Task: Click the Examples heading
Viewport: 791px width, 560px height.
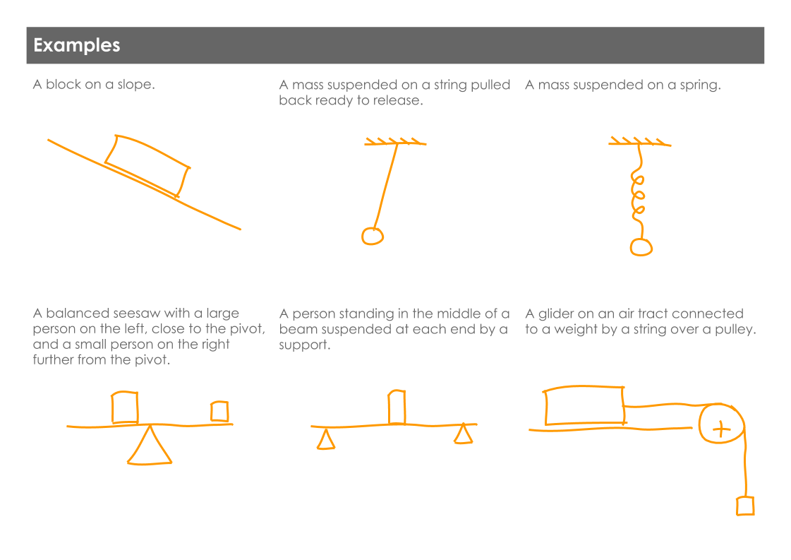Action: tap(77, 45)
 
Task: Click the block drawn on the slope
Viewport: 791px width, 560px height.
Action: tap(147, 165)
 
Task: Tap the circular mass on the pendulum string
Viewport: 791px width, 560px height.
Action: tap(373, 236)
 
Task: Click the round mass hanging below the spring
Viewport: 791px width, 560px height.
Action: tap(641, 247)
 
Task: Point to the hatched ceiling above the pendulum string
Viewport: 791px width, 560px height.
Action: tap(395, 142)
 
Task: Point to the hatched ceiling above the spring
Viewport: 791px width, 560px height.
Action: tap(639, 142)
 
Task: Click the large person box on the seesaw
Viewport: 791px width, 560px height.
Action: tap(125, 407)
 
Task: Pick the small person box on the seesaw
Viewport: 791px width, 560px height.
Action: tap(219, 411)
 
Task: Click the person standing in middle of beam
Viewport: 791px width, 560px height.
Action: tap(397, 407)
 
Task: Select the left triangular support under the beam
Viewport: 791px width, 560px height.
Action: tap(325, 439)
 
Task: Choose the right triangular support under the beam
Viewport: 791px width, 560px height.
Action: tap(463, 434)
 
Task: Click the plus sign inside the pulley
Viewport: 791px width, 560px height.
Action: tap(720, 429)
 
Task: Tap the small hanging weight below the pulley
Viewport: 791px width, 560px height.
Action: tap(745, 506)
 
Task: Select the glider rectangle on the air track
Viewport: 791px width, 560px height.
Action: tap(584, 406)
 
